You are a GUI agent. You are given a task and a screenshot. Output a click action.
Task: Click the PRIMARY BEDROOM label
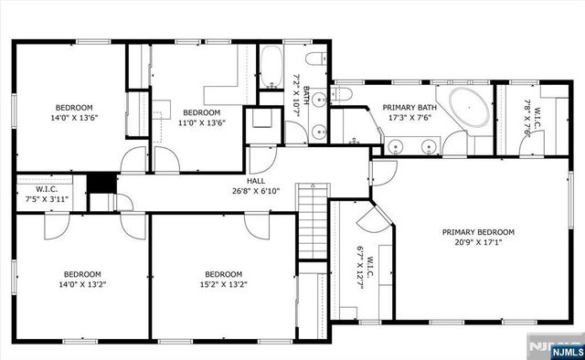(x=478, y=232)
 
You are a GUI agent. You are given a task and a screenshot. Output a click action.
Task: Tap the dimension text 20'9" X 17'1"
(x=478, y=243)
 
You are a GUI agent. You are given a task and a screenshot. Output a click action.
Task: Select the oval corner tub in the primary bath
(x=463, y=109)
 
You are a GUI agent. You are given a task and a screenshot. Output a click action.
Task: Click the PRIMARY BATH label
(x=409, y=107)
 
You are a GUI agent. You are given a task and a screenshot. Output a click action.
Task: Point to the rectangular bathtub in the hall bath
(x=271, y=64)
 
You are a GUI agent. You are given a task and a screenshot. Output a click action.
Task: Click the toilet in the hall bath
(x=314, y=61)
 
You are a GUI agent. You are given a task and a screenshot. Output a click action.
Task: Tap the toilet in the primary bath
(x=344, y=92)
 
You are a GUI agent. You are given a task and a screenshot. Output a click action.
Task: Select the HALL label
(x=256, y=181)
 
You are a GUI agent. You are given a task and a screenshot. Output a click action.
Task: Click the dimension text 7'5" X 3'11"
(x=47, y=198)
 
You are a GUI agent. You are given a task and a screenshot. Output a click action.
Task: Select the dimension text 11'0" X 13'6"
(x=201, y=122)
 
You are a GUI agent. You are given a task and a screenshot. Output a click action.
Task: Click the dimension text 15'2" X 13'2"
(x=223, y=284)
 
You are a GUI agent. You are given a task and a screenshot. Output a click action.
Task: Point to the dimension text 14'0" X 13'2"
(x=82, y=284)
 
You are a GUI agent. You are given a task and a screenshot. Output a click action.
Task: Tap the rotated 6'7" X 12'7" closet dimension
(x=346, y=265)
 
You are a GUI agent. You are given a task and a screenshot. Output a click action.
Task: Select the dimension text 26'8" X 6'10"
(x=256, y=191)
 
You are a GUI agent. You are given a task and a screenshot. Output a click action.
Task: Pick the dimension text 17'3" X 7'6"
(x=409, y=117)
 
